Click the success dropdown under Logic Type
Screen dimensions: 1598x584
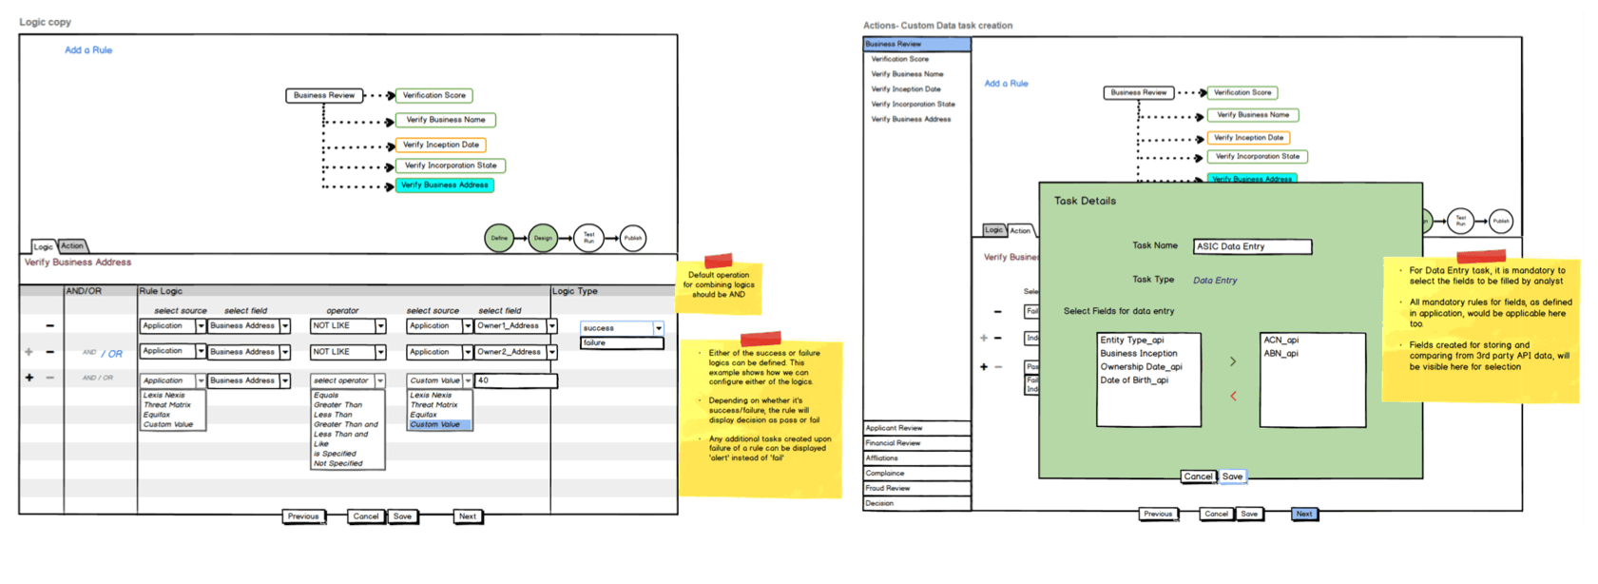pyautogui.click(x=621, y=327)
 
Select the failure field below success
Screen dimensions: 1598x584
pyautogui.click(x=621, y=342)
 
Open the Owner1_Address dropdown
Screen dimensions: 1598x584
pyautogui.click(x=515, y=326)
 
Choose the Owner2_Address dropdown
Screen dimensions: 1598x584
pyautogui.click(x=515, y=352)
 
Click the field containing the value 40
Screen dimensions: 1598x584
pyautogui.click(x=515, y=380)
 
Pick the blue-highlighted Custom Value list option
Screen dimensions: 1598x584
pyautogui.click(x=438, y=424)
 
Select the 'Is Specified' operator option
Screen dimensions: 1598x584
pyautogui.click(x=336, y=454)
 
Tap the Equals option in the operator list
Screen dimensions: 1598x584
pyautogui.click(x=327, y=395)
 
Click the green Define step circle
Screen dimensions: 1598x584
pyautogui.click(x=499, y=238)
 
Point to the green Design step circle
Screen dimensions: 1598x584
pyautogui.click(x=543, y=238)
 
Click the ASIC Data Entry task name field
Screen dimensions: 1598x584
pyautogui.click(x=1252, y=246)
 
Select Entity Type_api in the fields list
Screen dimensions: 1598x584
pyautogui.click(x=1132, y=340)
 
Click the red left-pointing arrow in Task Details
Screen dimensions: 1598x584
pyautogui.click(x=1233, y=396)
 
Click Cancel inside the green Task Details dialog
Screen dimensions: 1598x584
pyautogui.click(x=1198, y=477)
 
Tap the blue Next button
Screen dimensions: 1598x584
pyautogui.click(x=1304, y=514)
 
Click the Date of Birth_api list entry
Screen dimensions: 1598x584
pyautogui.click(x=1134, y=380)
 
